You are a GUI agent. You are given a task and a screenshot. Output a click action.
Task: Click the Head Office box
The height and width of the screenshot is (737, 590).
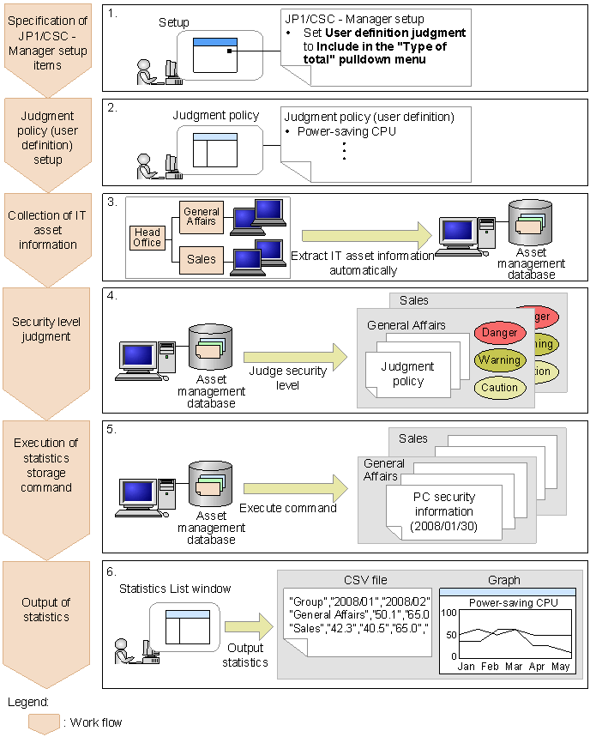point(147,237)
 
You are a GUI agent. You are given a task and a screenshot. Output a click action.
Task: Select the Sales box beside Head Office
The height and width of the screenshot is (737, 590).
point(202,258)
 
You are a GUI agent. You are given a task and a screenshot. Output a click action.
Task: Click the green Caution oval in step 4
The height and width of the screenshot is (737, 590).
point(498,388)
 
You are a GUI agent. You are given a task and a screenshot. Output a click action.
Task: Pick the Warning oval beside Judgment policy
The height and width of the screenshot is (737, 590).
point(498,359)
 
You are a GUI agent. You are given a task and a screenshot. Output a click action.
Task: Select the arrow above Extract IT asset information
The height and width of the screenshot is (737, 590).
point(364,235)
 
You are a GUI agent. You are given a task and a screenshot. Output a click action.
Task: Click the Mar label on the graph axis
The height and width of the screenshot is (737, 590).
point(513,667)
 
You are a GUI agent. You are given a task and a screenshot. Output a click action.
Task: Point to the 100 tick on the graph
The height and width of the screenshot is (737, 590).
point(449,613)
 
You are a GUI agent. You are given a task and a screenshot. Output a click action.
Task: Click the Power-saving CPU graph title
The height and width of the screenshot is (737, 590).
point(513,602)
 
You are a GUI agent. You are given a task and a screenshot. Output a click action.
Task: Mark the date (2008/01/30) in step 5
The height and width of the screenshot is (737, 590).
point(443,525)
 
